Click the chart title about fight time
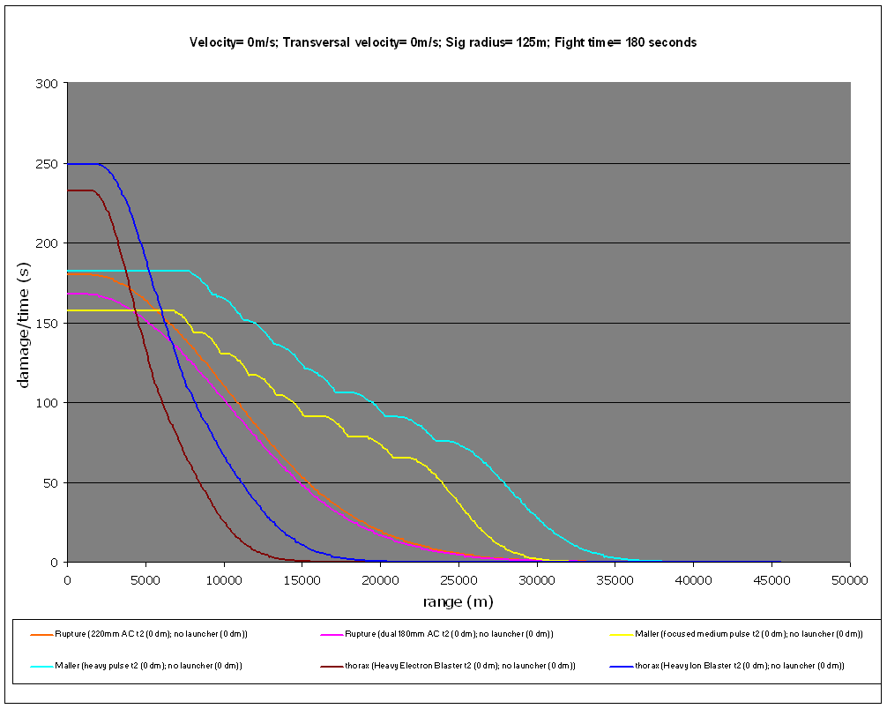coord(443,42)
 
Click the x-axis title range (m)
coord(458,601)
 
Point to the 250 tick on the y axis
coord(48,164)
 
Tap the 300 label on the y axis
coord(48,84)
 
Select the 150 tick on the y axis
coord(48,324)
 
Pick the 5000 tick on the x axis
coord(145,580)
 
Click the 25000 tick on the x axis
coord(459,580)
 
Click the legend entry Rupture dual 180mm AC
coord(439,634)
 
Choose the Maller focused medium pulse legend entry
coord(737,634)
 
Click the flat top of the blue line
coord(84,164)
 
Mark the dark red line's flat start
coord(79,190)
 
